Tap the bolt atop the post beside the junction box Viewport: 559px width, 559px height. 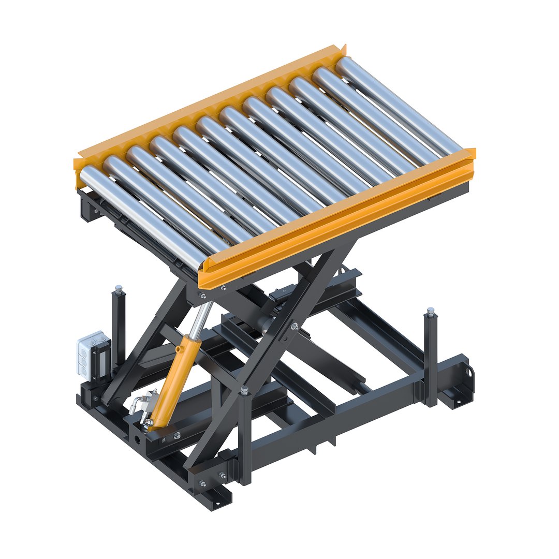coord(119,287)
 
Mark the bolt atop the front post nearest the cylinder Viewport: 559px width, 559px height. coord(245,390)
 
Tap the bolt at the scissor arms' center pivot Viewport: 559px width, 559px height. coord(295,326)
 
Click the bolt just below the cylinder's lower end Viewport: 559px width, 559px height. coord(177,435)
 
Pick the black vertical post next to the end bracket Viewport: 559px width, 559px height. coord(431,357)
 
